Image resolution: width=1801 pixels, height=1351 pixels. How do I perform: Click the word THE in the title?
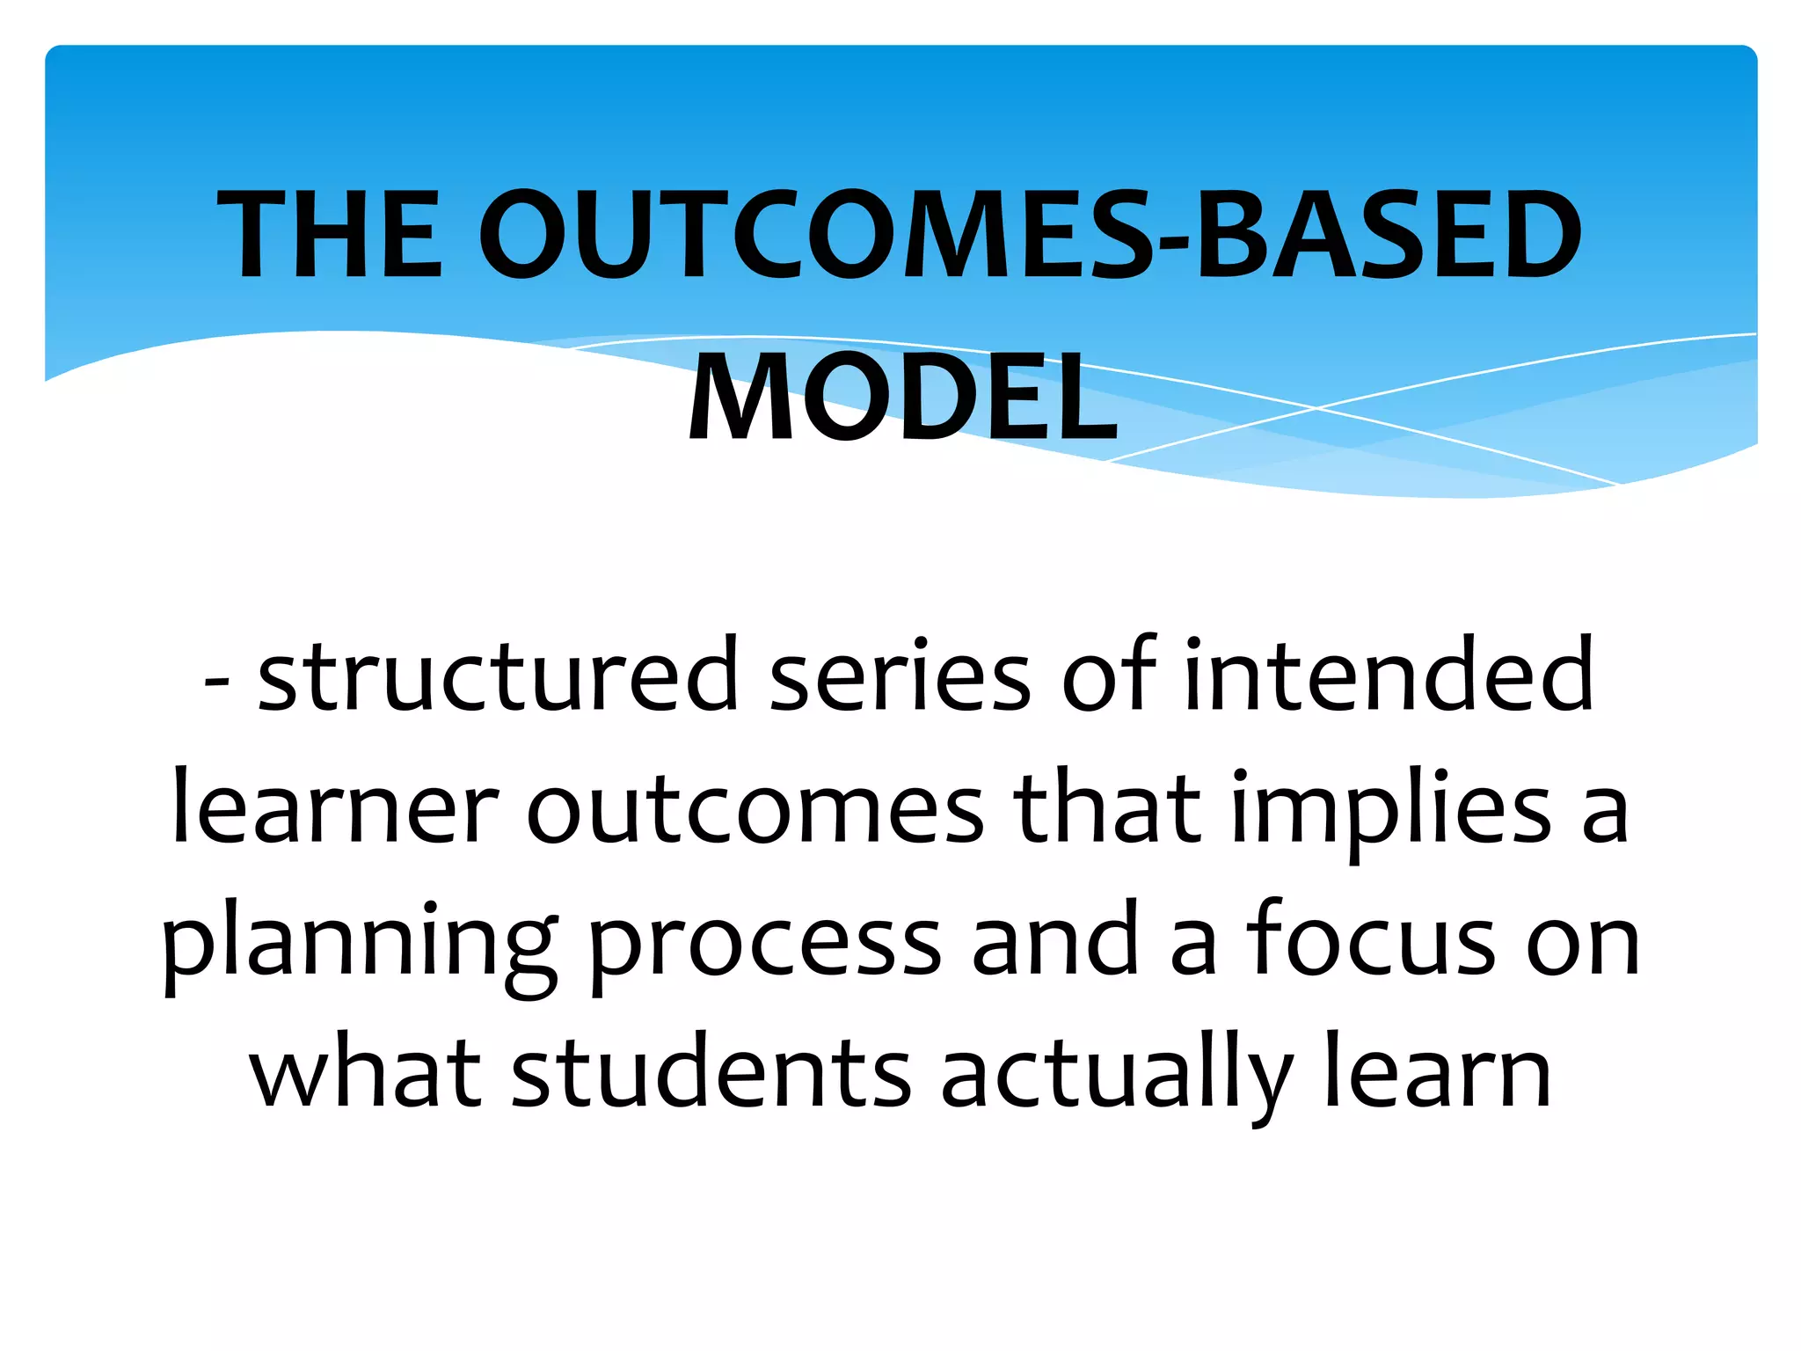331,236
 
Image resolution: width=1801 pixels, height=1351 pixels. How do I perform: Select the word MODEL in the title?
902,398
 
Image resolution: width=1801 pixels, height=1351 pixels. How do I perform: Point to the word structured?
498,675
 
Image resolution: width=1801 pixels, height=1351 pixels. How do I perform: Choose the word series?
899,675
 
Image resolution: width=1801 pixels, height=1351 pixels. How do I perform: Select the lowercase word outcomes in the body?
755,807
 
